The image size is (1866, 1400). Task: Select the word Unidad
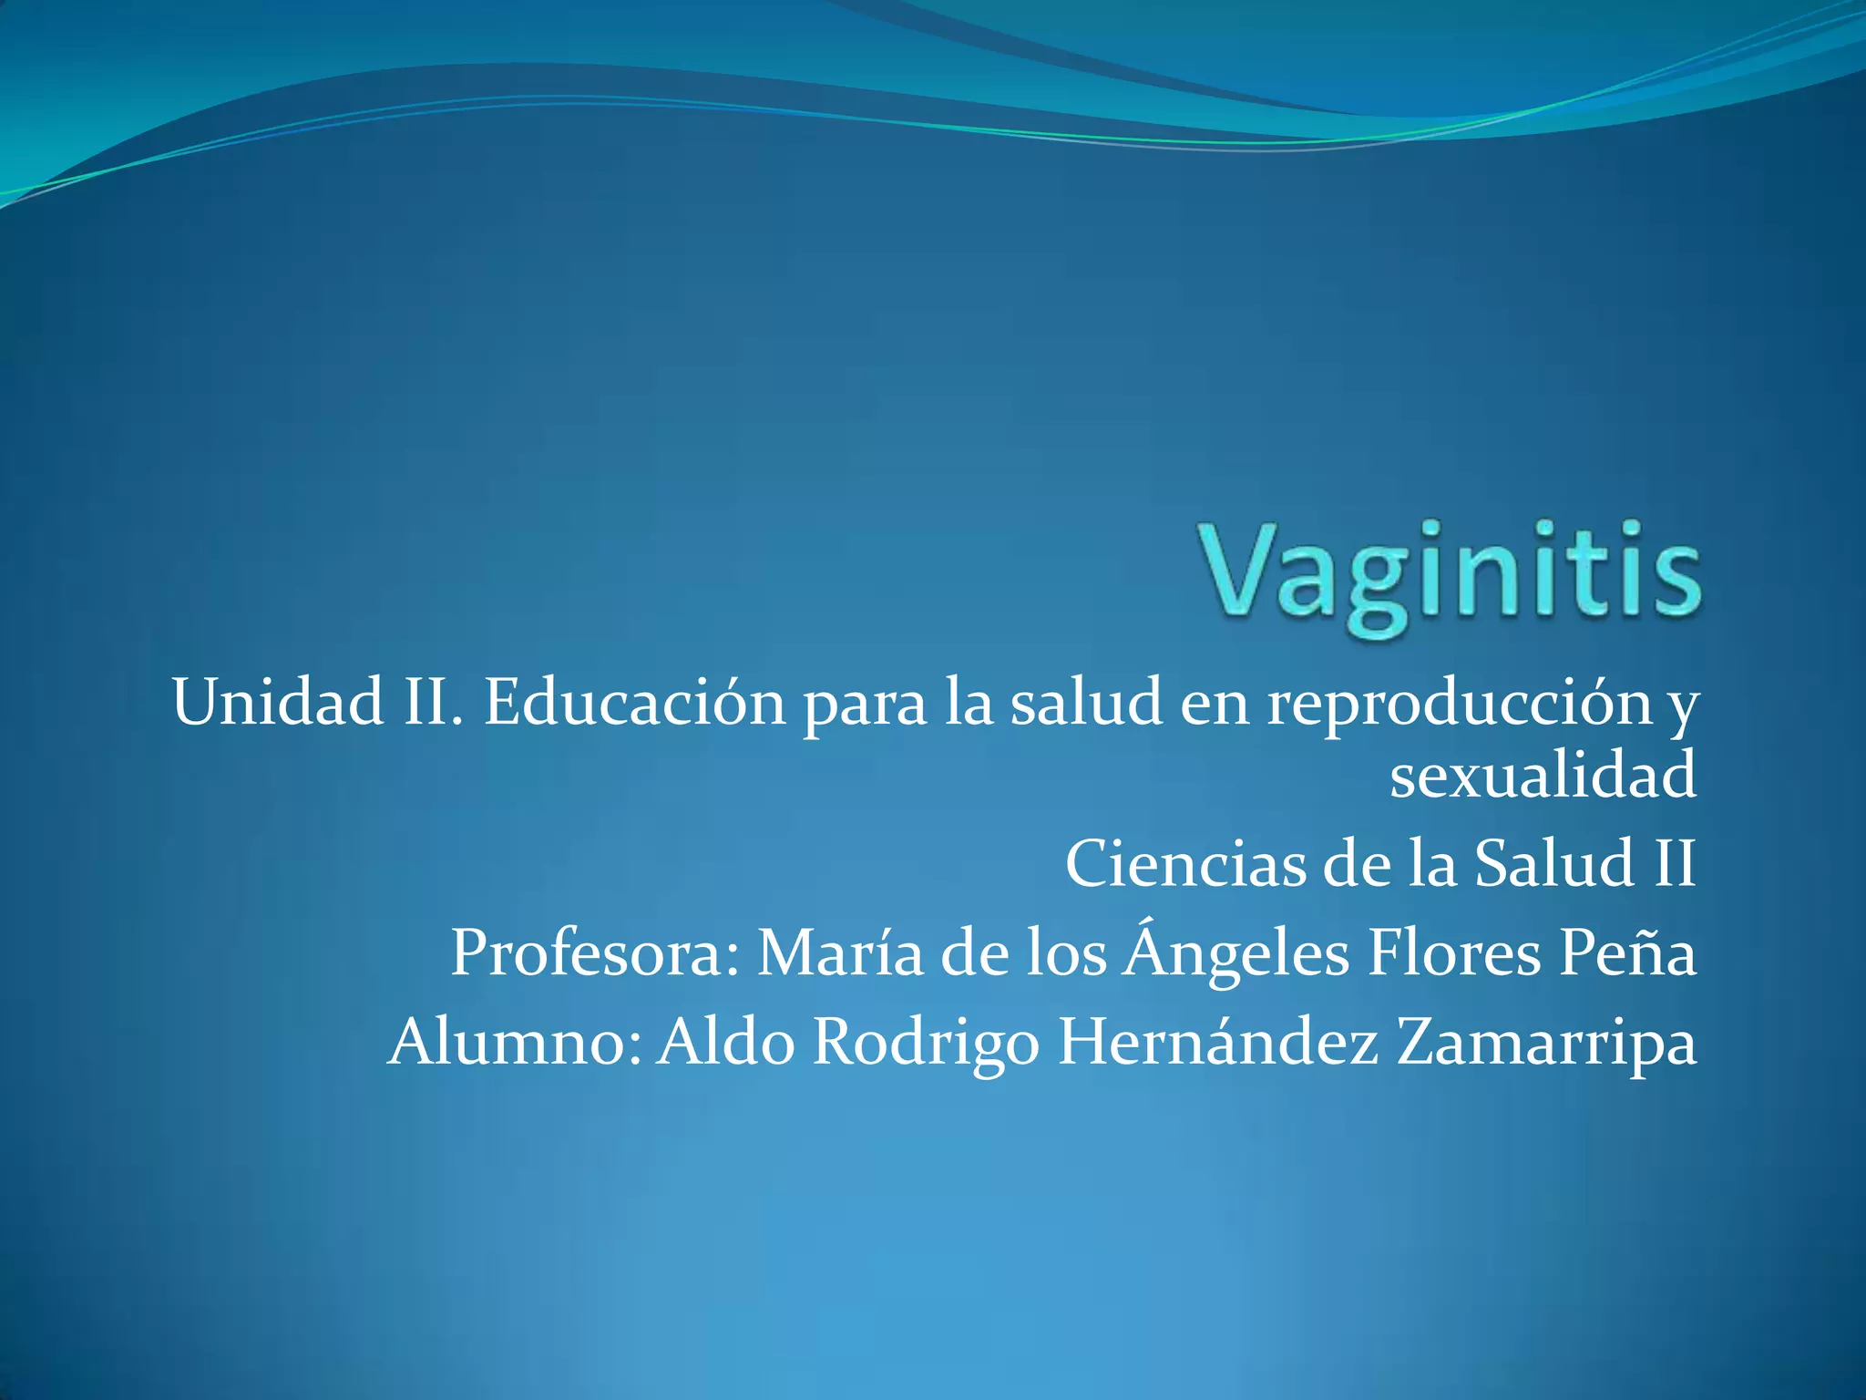click(x=278, y=703)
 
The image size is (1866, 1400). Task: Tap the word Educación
click(x=634, y=703)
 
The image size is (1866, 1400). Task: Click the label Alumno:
click(x=514, y=1043)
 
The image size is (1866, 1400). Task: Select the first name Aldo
click(x=726, y=1043)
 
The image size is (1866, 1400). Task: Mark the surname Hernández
click(x=1218, y=1043)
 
